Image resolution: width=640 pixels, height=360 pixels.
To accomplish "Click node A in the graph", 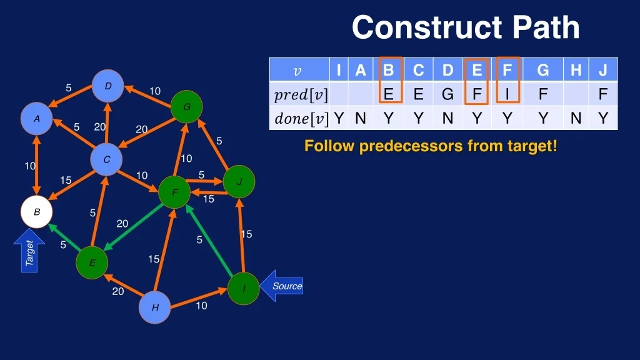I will coord(37,118).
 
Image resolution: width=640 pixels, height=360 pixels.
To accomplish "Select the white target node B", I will coord(37,212).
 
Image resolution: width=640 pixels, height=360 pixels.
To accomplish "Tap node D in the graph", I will coord(107,86).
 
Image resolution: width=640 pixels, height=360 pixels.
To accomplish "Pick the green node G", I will coord(186,107).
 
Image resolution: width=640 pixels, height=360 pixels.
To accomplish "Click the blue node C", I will coord(106,160).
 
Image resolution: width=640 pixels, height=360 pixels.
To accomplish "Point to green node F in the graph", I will coord(174,192).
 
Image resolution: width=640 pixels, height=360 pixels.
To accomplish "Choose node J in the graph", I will coord(239,182).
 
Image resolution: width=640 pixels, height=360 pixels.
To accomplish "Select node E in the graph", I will coord(92,262).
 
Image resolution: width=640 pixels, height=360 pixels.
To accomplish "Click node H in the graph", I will coord(154,307).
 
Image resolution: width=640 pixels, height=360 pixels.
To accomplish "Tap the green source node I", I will coord(243,289).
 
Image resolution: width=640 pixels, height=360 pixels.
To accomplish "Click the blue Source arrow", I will coord(282,286).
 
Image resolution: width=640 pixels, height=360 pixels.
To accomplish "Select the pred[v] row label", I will coord(301,95).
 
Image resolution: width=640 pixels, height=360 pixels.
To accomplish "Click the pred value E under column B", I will coord(389,94).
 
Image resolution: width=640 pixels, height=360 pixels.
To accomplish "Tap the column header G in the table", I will coord(542,70).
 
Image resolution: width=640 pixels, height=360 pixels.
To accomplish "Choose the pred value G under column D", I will coord(447,94).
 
